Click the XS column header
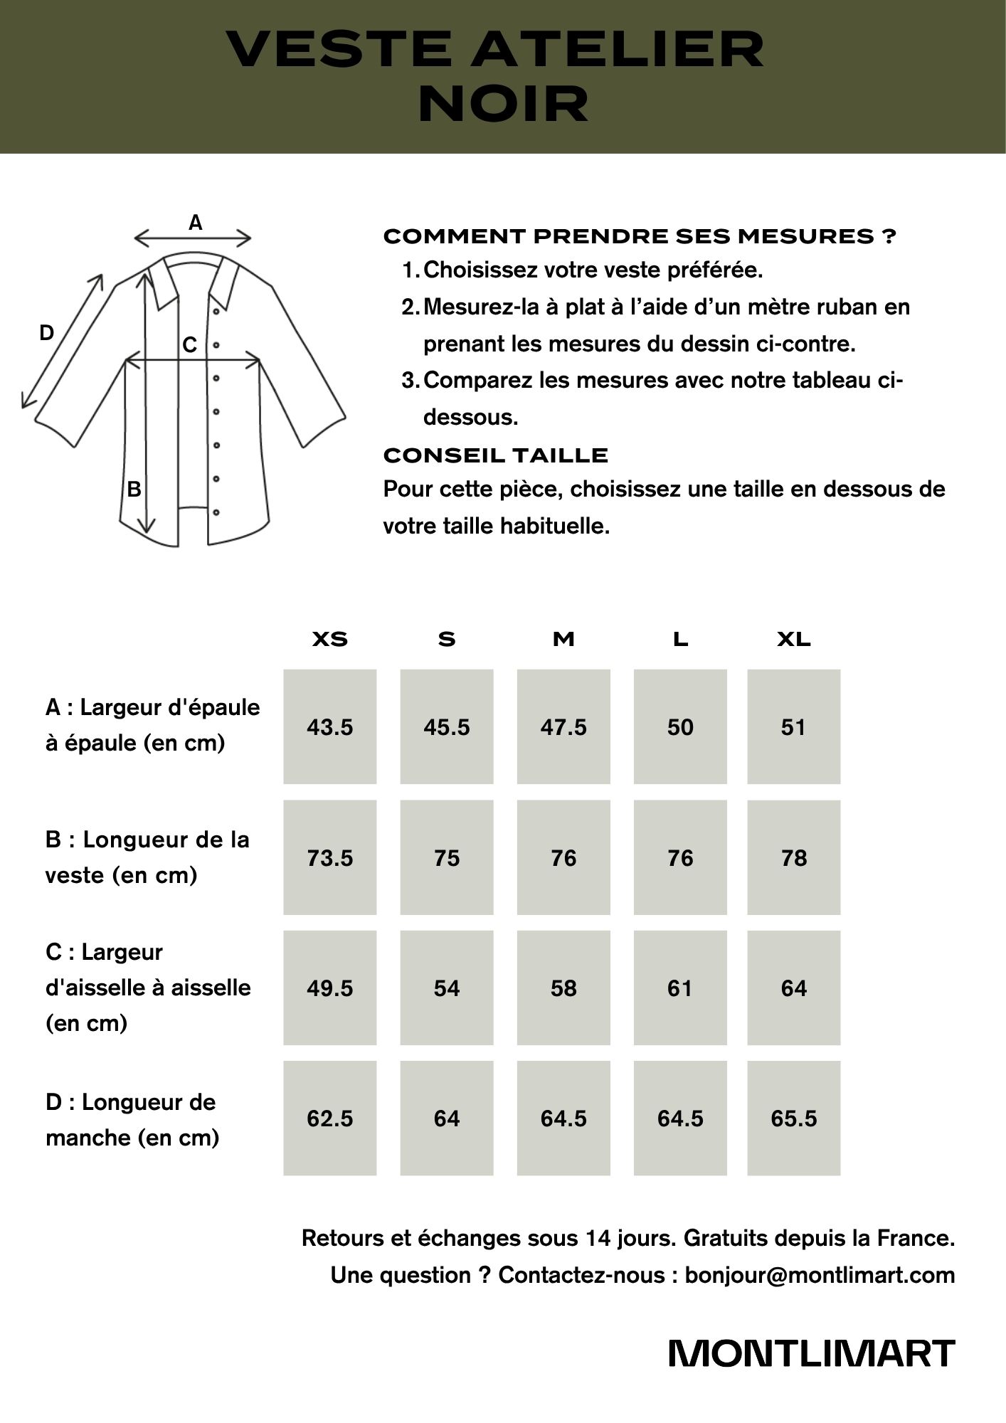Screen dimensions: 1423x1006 pos(330,639)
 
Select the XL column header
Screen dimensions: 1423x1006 pos(793,639)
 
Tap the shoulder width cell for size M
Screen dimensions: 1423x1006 pos(563,726)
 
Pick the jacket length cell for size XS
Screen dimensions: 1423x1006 pos(330,857)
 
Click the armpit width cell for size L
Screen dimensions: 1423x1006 pos(680,988)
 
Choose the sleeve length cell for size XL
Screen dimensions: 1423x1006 pos(793,1118)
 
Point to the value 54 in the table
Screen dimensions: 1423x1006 pos(447,988)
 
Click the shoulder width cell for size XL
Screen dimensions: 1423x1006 pos(793,726)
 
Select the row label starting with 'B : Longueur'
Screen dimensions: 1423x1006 pos(147,857)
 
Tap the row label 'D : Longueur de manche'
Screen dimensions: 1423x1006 pos(132,1119)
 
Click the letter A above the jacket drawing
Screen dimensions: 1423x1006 pos(195,223)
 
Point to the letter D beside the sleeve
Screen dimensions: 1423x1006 pos(46,332)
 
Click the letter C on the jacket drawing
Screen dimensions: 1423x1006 pos(189,345)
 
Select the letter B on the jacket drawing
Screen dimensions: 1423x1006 pos(134,490)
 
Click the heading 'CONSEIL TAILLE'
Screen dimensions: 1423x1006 pos(495,455)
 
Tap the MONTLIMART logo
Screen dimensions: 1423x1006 pos(811,1353)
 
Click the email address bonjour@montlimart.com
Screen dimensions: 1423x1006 pos(820,1275)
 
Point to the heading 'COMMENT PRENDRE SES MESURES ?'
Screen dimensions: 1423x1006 pos(639,236)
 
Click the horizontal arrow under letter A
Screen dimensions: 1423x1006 pos(193,238)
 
